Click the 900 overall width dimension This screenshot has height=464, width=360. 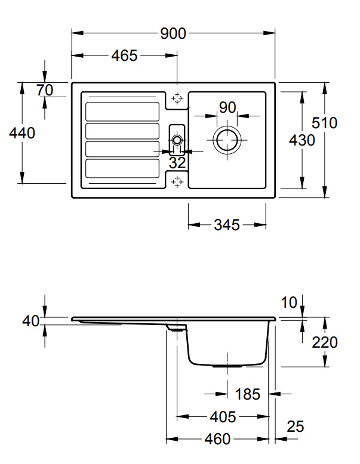pos(173,33)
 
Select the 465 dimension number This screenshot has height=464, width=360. pos(124,55)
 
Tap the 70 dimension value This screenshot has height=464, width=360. pos(45,90)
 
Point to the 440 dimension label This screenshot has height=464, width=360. pos(22,133)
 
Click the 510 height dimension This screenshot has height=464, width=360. pos(324,123)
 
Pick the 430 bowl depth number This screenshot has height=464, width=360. pos(302,140)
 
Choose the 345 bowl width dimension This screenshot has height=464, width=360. pos(227,225)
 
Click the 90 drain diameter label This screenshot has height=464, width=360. pos(227,107)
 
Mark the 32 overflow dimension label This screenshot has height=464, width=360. pos(177,163)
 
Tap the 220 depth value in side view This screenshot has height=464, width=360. pos(325,342)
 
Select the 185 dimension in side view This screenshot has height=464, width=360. pos(247,394)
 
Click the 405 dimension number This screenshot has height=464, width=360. pos(223,417)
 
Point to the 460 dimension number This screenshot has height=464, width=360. pos(217,439)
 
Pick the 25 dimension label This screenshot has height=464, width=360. pos(296,426)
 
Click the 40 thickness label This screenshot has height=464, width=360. pos(31,321)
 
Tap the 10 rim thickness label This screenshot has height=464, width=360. pos(288,303)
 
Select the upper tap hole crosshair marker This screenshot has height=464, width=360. pos(177,98)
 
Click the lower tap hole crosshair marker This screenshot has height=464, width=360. pos(177,182)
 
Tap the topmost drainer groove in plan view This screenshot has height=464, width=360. pos(122,112)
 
